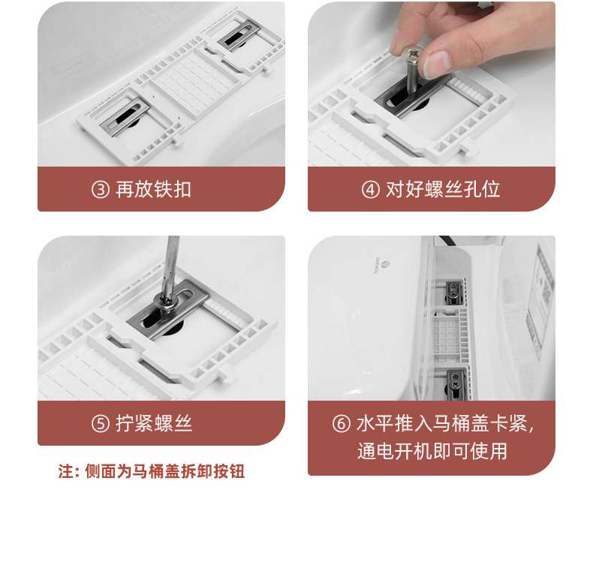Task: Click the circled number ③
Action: pyautogui.click(x=101, y=189)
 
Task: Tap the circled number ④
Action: pyautogui.click(x=370, y=189)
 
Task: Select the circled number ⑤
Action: pyautogui.click(x=101, y=423)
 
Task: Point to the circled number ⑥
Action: pyautogui.click(x=341, y=423)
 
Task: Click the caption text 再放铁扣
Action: pyautogui.click(x=153, y=189)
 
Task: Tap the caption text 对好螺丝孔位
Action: pyautogui.click(x=443, y=189)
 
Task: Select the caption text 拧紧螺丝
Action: pyautogui.click(x=154, y=423)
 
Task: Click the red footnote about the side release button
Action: pyautogui.click(x=152, y=471)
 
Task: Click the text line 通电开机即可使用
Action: pyautogui.click(x=432, y=451)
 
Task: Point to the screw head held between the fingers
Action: pyautogui.click(x=411, y=56)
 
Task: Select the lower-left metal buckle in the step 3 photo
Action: pyautogui.click(x=125, y=115)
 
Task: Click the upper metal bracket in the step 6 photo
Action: pyautogui.click(x=453, y=292)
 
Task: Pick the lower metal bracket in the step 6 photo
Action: pyautogui.click(x=456, y=383)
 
